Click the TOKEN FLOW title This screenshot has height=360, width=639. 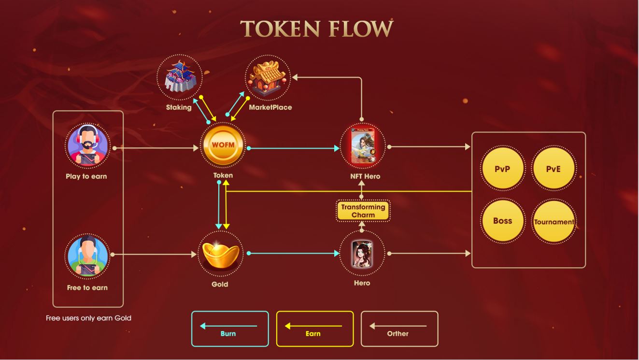click(x=317, y=29)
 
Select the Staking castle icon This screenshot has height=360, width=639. click(x=179, y=77)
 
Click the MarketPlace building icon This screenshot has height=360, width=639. click(x=268, y=77)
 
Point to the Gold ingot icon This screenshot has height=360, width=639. click(x=220, y=254)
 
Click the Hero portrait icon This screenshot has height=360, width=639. click(x=362, y=253)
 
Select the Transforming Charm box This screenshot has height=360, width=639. click(x=363, y=211)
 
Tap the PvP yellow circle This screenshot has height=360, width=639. click(x=502, y=169)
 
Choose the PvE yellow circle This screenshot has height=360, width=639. click(x=554, y=169)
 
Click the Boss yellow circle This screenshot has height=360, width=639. click(x=502, y=221)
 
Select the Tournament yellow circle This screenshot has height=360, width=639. click(x=554, y=222)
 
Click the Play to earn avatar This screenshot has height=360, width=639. click(x=87, y=145)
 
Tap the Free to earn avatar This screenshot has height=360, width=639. click(x=87, y=256)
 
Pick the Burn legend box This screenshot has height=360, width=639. click(x=230, y=329)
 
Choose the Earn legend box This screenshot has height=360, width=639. click(x=314, y=329)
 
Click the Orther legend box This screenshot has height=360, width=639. click(x=399, y=329)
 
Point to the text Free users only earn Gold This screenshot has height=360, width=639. click(x=88, y=318)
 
